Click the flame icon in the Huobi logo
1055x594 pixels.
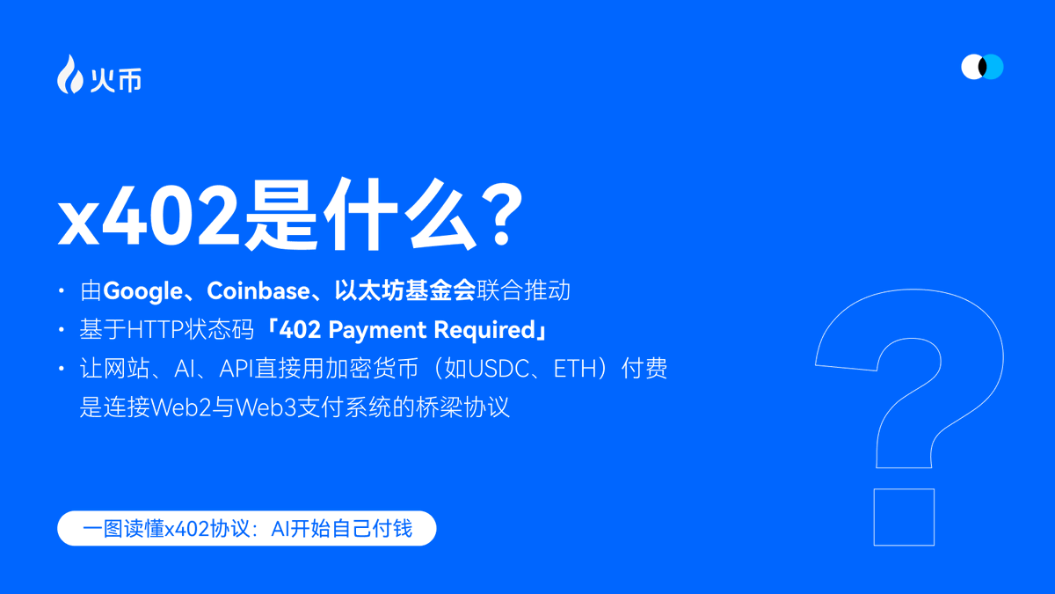(69, 75)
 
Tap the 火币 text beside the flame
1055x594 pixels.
(116, 81)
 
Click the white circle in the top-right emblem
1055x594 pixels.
(973, 67)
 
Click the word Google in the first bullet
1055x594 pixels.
(142, 291)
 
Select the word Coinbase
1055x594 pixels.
(258, 290)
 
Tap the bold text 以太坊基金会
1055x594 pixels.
(405, 290)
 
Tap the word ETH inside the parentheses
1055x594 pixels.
(576, 369)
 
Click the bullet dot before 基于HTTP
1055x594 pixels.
(62, 329)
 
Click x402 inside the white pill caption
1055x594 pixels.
(186, 529)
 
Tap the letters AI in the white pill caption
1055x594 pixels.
(280, 529)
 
